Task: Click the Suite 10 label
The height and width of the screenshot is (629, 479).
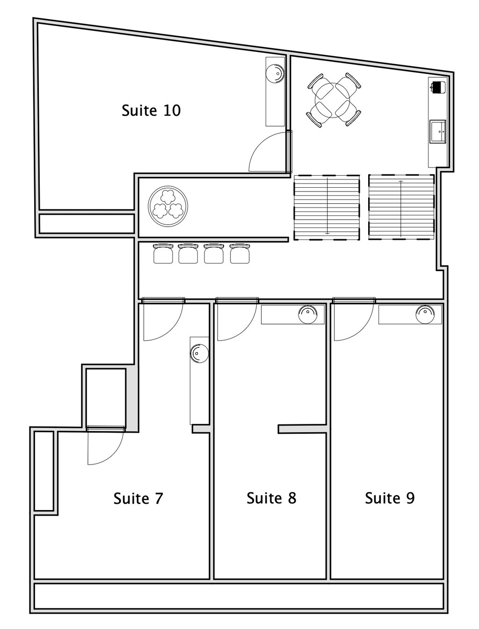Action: coord(151,111)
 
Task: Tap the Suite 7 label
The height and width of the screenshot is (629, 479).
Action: coord(138,498)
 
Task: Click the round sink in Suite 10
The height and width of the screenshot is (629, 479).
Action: coord(275,74)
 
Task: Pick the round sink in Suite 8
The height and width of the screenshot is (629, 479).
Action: coord(308,315)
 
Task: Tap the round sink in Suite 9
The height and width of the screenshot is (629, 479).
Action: coord(425,315)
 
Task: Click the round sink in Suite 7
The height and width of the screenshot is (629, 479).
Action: coord(199,353)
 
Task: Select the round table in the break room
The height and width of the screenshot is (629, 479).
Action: coord(334,100)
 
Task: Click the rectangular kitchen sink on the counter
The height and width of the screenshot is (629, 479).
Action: coord(438,132)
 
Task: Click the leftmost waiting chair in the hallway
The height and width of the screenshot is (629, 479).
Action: coord(163,253)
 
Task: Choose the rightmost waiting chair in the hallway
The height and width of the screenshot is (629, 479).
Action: coord(240,253)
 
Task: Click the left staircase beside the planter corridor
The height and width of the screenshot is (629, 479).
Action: coord(327,207)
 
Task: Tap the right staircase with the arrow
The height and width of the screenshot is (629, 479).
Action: coord(401,207)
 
